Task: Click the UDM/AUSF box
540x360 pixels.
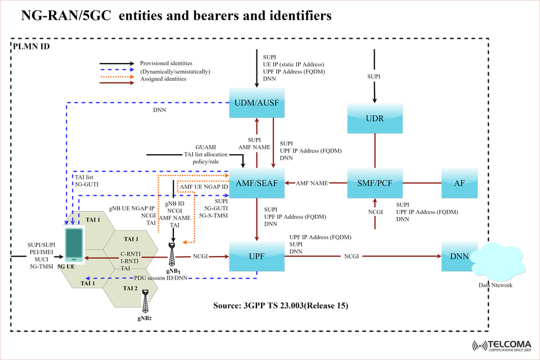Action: (256, 103)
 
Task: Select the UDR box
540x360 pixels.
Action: (375, 119)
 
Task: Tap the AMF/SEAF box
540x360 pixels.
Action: (256, 183)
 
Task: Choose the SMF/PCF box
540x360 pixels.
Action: (375, 183)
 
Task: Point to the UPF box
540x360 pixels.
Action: (256, 256)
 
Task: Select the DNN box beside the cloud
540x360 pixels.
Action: (458, 256)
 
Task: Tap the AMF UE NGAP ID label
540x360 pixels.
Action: (204, 186)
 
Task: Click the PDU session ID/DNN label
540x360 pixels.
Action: (160, 278)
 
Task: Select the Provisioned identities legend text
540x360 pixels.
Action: (166, 63)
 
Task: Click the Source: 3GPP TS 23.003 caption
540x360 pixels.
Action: (281, 306)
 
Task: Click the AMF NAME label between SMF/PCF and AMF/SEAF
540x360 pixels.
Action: (312, 183)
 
